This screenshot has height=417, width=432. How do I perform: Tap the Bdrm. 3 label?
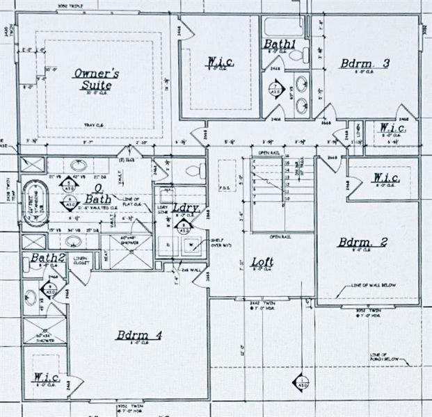click(x=365, y=63)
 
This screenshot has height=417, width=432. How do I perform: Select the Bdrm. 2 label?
click(x=362, y=243)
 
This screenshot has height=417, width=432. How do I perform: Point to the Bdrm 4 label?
click(x=138, y=336)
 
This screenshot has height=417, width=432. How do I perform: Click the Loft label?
click(x=262, y=262)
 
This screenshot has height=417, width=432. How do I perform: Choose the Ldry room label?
click(x=183, y=209)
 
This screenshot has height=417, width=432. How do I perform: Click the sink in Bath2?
click(x=30, y=298)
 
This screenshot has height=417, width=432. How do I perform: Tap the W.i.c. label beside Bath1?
click(x=218, y=64)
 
